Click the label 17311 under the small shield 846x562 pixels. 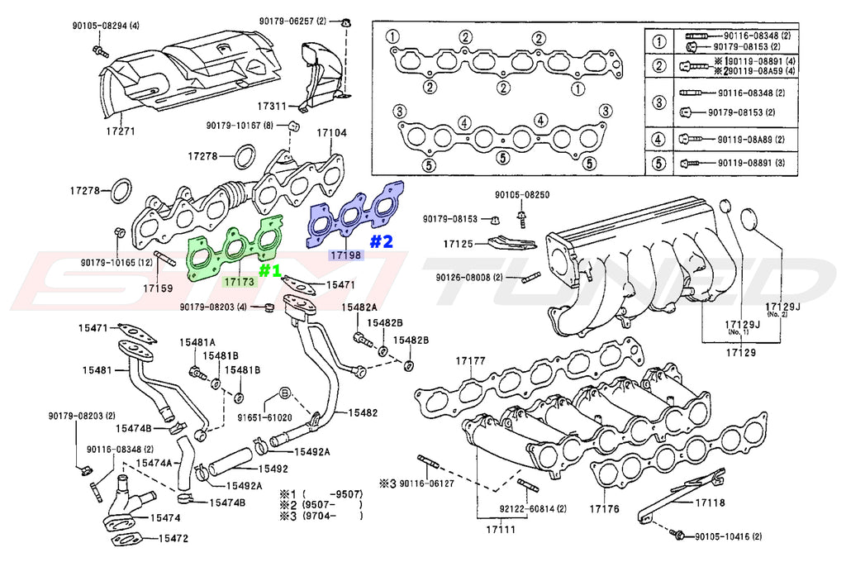[272, 107]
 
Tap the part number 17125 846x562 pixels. [458, 245]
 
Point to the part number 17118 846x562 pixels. [710, 502]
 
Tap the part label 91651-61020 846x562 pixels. [263, 418]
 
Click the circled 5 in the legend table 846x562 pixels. [658, 164]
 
